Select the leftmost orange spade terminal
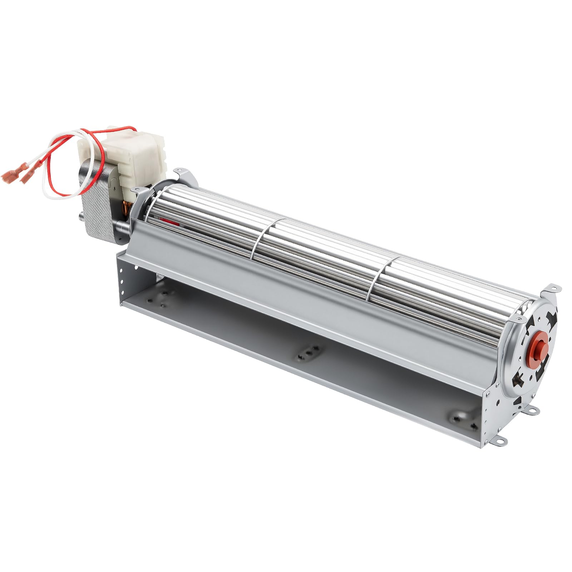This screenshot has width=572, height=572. pyautogui.click(x=9, y=176)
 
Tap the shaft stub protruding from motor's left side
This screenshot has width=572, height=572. pyautogui.click(x=80, y=217)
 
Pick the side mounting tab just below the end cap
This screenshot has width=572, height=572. pyautogui.click(x=532, y=411)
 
